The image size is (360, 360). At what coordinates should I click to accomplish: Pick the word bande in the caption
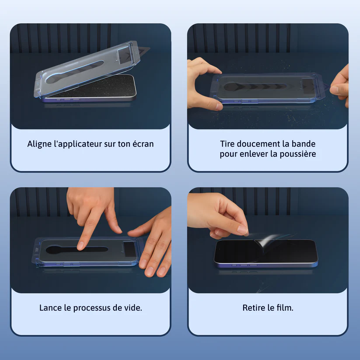coord(303,144)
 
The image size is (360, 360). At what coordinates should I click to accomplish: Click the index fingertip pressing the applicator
coord(80,246)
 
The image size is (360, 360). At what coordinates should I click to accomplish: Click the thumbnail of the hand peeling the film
coord(242,230)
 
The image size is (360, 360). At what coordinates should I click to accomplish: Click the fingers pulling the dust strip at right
coord(340,86)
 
